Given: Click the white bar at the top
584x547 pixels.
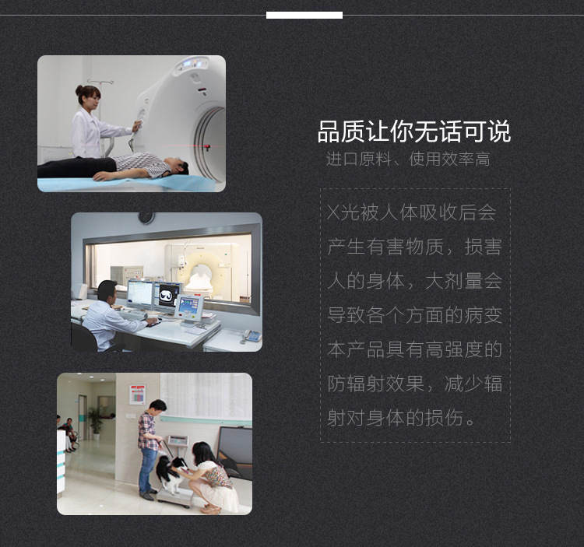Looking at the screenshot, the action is point(304,15).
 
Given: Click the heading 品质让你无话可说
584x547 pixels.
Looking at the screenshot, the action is point(413,131).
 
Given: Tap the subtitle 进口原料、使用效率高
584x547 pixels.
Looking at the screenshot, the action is point(408,160).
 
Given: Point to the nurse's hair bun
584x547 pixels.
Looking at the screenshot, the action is point(79,89).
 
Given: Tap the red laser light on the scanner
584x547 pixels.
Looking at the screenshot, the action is point(207,146).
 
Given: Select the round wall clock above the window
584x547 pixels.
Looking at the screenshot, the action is point(146,218).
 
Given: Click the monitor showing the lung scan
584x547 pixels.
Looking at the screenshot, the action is point(168,296).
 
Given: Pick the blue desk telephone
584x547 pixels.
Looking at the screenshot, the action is point(252,335).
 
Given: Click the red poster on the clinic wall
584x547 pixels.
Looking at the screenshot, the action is point(137,394).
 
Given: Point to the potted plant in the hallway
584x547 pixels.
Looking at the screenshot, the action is point(96,423).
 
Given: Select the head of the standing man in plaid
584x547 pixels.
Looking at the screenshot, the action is point(158,408).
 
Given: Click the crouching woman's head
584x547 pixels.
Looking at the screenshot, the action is point(202,453).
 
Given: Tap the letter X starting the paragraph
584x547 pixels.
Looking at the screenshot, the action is point(333,213).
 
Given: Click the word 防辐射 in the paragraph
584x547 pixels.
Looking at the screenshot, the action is point(357,384).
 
